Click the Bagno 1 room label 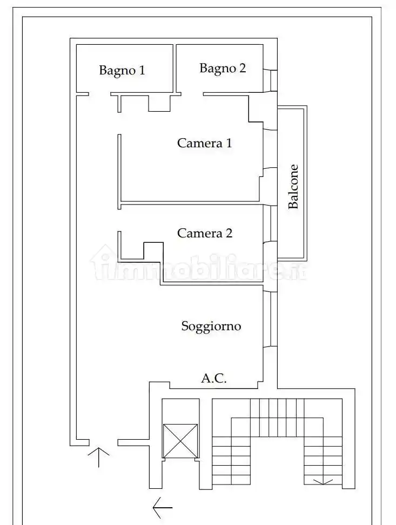coord(122,71)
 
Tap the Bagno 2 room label coord(223,69)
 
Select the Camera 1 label coord(205,144)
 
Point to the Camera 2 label coord(205,233)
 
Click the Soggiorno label coord(211,326)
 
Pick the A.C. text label coord(214,379)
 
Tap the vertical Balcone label coord(293,187)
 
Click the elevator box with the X coord(180,441)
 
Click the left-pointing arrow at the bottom coord(163,508)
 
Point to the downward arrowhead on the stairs coord(323,482)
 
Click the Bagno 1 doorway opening coord(99,94)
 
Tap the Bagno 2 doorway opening coord(192,94)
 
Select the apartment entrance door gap coord(103,442)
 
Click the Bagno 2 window coord(270,81)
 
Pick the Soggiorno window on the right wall coord(270,319)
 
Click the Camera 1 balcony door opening coord(270,148)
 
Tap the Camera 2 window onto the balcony coord(270,224)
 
